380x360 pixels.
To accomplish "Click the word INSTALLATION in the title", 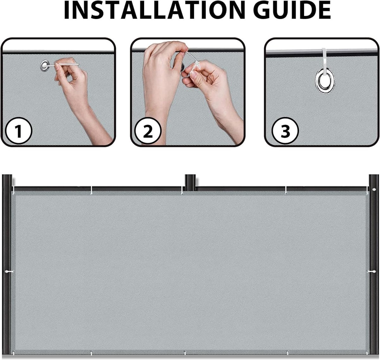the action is click(155, 10).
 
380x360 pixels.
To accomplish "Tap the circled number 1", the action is click(18, 131).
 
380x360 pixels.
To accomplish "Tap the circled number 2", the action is click(148, 131).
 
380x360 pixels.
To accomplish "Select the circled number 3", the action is click(285, 131).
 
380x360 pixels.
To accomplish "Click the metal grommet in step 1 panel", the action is click(45, 66).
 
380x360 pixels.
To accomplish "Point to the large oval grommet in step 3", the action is click(325, 81).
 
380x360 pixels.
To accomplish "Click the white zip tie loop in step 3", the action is click(325, 60).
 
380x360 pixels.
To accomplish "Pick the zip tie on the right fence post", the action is click(371, 272).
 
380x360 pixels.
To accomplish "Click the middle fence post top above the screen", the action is click(190, 180).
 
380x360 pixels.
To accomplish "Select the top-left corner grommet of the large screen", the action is click(13, 193).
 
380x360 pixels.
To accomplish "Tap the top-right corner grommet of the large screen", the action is click(367, 193).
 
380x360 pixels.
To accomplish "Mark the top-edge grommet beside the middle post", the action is click(182, 193).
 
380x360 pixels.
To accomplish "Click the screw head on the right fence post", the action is click(374, 190).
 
